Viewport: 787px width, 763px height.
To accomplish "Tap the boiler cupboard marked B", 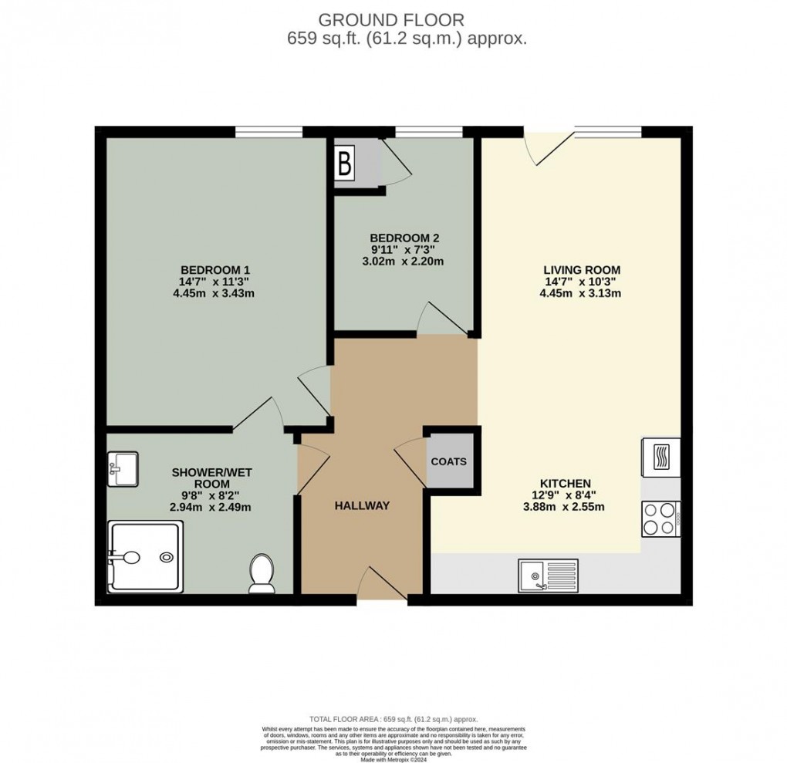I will pos(345,164).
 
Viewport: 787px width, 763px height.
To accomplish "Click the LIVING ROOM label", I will pos(582,269).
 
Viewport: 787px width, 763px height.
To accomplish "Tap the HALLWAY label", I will pos(362,506).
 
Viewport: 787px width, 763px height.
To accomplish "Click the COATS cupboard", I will pos(448,461).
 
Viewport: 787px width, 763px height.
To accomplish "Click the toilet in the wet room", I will pos(262,575).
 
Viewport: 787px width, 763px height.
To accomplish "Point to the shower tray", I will pos(146,555).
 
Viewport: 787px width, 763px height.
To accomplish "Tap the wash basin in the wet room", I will pos(122,469).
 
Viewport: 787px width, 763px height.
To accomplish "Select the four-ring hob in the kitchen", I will pos(660,518).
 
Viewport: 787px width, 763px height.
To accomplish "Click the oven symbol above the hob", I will pos(660,457).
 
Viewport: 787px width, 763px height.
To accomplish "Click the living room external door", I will pos(549,147).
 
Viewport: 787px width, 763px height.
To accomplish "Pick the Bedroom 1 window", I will pos(269,132).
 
